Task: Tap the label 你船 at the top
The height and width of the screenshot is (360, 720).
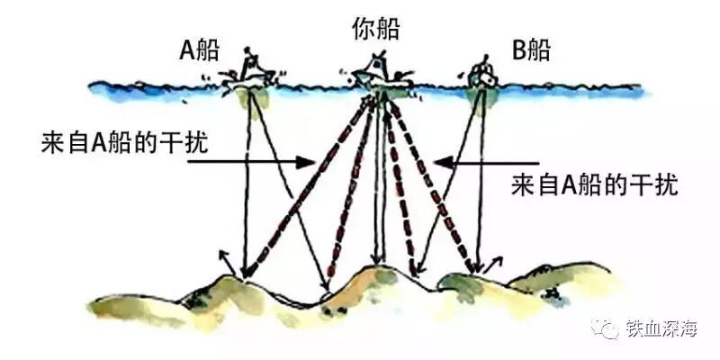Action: [371, 29]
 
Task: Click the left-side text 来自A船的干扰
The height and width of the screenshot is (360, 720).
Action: [123, 144]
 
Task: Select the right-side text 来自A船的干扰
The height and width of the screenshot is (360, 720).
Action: [594, 185]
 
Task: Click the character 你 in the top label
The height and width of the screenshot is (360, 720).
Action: [357, 29]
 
